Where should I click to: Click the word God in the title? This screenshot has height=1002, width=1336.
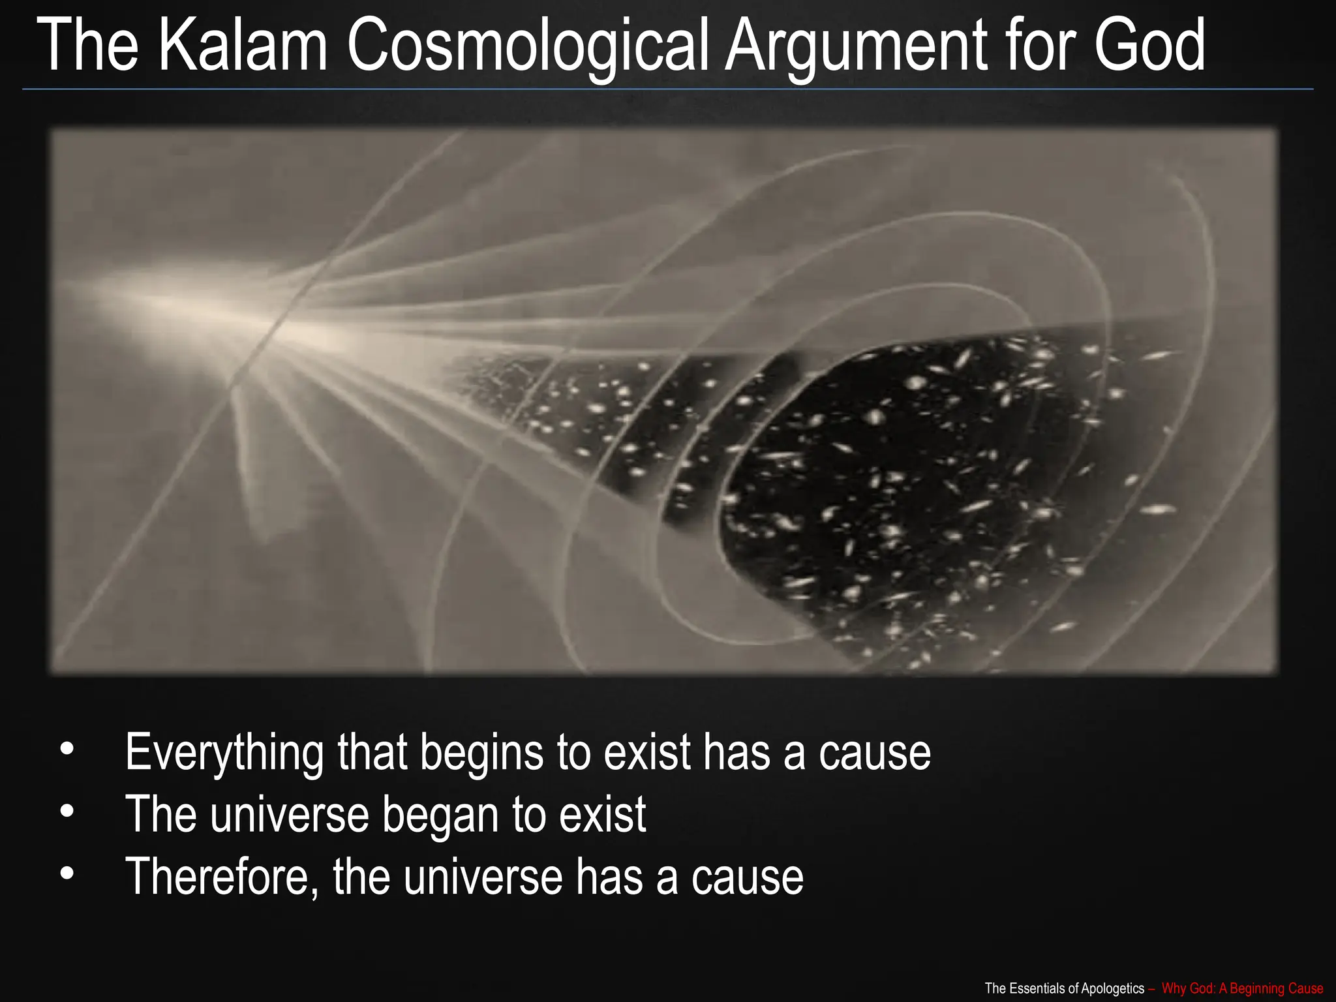pos(1149,46)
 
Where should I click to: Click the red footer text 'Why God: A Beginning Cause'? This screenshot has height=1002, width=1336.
pos(1242,988)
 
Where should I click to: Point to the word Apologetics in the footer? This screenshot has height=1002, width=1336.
pos(1112,988)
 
